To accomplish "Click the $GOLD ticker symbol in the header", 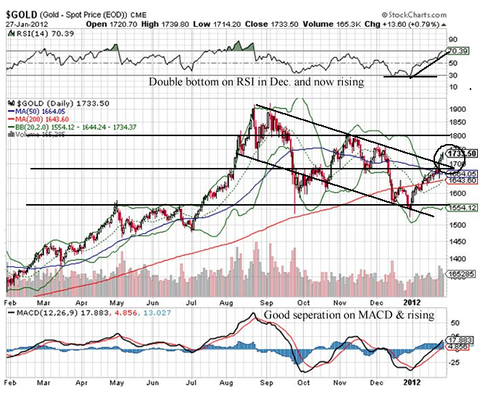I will (21, 14).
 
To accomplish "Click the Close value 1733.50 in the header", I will (260, 23).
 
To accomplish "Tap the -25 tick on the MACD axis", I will (454, 362).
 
